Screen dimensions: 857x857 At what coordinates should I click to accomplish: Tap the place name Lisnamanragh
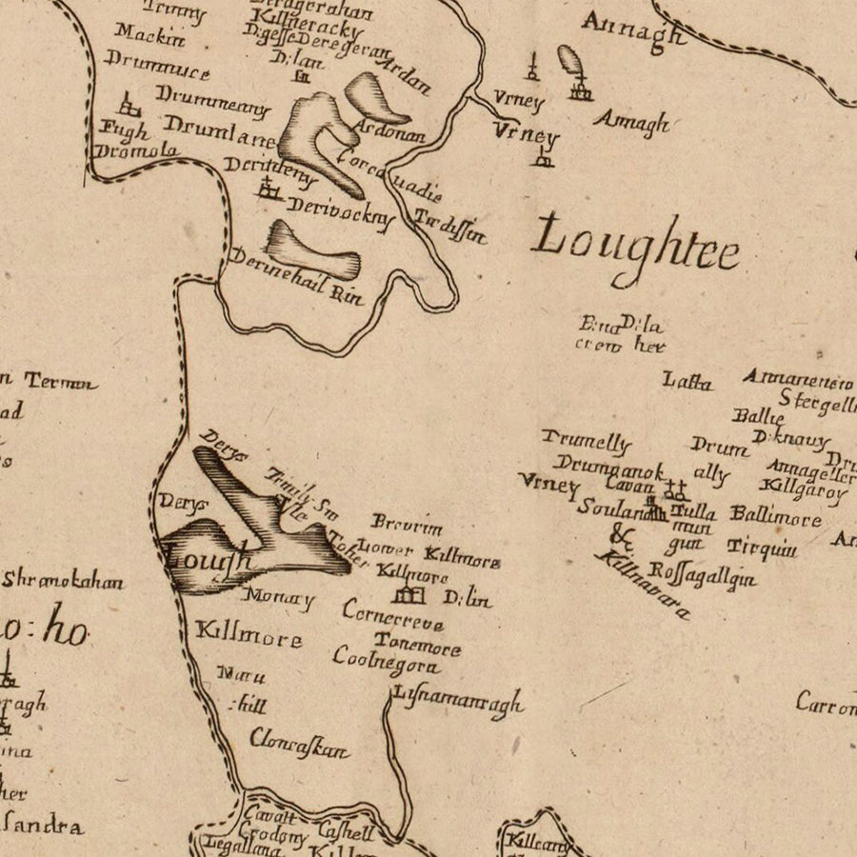coord(458,701)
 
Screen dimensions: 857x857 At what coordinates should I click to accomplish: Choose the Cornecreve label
coord(392,615)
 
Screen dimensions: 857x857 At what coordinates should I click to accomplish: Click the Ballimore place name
coord(775,517)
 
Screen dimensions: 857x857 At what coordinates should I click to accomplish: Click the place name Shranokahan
coord(63,580)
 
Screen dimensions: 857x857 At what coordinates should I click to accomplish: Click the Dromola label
coord(137,151)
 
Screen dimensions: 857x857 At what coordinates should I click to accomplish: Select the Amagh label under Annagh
coord(631,123)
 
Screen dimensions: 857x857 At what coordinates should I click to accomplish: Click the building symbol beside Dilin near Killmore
coord(408,595)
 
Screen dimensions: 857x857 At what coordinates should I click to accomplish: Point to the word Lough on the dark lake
coord(209,558)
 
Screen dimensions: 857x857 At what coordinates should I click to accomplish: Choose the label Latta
coord(688,383)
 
